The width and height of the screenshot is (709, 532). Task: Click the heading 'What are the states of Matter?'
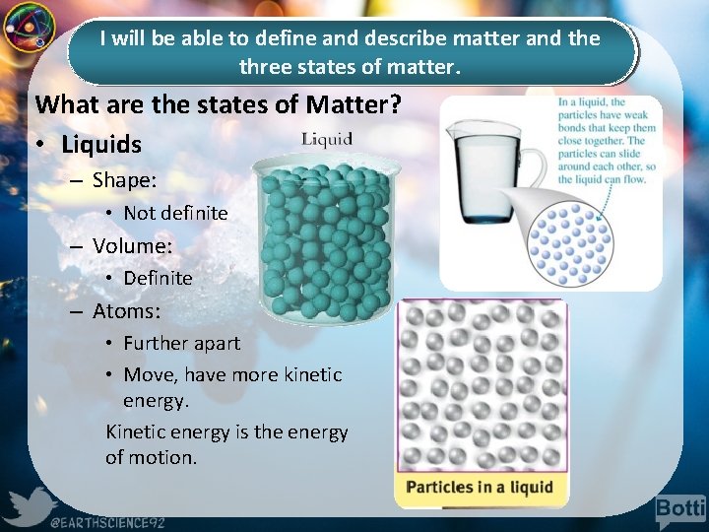pyautogui.click(x=218, y=104)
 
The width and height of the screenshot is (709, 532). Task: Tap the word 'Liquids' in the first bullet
pyautogui.click(x=100, y=145)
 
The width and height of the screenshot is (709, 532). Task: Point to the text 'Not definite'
pyautogui.click(x=175, y=213)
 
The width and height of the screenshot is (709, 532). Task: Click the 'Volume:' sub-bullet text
pyautogui.click(x=132, y=245)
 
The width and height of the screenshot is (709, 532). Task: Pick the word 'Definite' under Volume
pyautogui.click(x=158, y=278)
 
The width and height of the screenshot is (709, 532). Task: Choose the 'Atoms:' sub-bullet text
pyautogui.click(x=126, y=311)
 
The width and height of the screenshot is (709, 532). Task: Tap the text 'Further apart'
pyautogui.click(x=181, y=343)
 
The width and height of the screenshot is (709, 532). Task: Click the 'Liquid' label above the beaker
pyautogui.click(x=326, y=139)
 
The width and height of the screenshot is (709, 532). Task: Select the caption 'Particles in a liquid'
pyautogui.click(x=480, y=487)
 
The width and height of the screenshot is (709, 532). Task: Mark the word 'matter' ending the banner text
pyautogui.click(x=425, y=69)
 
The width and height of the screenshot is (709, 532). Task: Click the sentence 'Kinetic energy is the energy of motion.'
pyautogui.click(x=226, y=444)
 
